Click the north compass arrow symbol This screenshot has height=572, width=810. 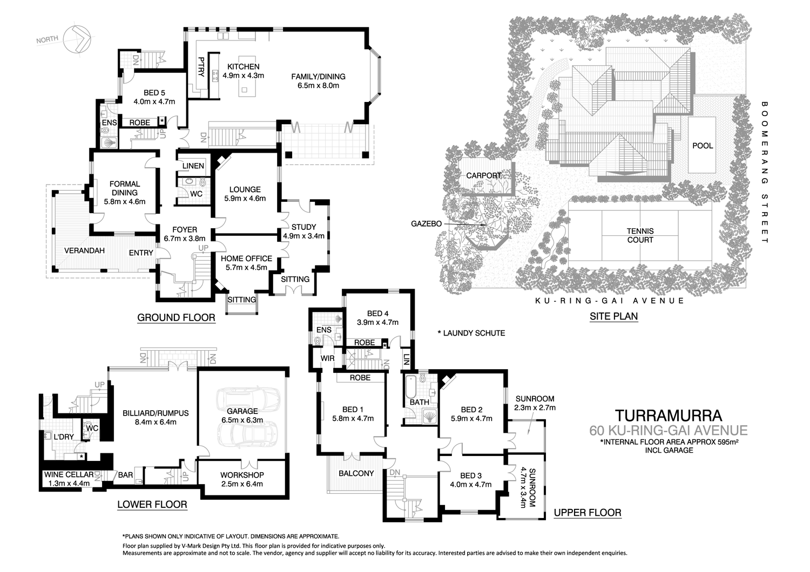[75, 38]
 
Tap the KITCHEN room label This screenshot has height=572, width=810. [243, 67]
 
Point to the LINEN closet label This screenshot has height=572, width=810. [193, 166]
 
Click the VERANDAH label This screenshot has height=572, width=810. [84, 250]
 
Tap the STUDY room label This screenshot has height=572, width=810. [303, 227]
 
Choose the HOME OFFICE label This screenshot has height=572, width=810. [246, 258]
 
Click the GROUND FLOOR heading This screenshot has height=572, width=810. [176, 317]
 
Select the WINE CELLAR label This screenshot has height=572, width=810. [69, 475]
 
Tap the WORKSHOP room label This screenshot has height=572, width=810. [242, 475]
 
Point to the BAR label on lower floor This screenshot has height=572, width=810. [125, 475]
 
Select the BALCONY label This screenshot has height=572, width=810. [356, 473]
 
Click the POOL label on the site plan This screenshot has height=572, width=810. [703, 146]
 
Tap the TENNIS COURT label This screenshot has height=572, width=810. [640, 235]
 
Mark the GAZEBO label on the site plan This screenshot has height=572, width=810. [426, 223]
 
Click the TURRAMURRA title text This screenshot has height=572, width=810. [669, 416]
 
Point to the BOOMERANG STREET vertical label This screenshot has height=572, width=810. [764, 173]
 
